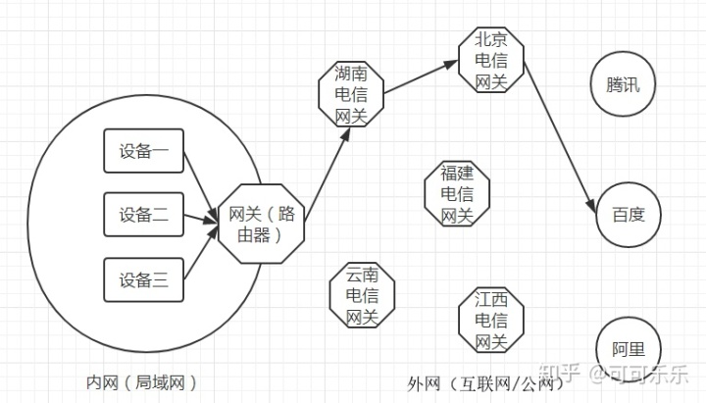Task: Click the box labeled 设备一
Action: pos(144,152)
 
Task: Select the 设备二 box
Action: pos(144,216)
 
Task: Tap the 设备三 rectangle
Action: pos(144,280)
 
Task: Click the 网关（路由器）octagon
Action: pos(261,225)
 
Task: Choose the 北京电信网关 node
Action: pos(490,61)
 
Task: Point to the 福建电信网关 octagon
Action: pos(457,193)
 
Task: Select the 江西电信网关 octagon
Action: pos(490,320)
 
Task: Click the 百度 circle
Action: pos(629,214)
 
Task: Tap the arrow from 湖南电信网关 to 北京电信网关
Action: pos(422,77)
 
